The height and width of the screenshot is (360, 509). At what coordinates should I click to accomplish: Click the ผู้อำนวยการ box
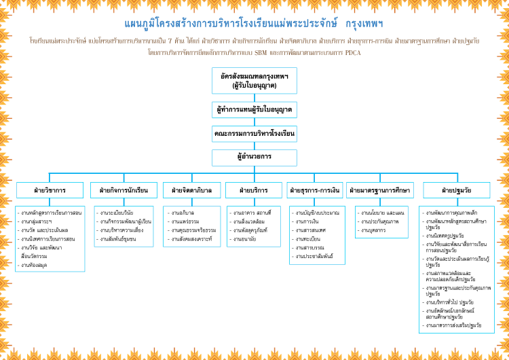[254, 157]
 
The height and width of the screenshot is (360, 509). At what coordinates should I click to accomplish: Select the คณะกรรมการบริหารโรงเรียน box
[254, 133]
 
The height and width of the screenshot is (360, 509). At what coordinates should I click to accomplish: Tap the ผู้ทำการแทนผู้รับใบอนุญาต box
[254, 109]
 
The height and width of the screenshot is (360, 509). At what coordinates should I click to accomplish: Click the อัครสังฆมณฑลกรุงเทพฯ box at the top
[254, 81]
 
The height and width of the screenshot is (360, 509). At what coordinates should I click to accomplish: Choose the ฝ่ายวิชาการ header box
[50, 190]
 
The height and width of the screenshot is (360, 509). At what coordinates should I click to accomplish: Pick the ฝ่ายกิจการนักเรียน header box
[124, 190]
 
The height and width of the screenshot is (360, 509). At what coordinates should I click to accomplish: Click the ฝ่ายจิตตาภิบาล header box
[191, 190]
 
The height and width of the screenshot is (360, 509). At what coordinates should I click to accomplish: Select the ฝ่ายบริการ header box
[253, 190]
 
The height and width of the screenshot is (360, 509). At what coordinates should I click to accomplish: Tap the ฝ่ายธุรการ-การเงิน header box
[314, 190]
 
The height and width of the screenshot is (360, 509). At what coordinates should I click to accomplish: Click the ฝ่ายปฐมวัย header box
[456, 190]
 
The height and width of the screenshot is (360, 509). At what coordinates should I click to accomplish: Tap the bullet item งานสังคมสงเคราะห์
[191, 239]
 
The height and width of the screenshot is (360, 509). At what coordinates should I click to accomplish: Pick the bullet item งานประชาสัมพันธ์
[315, 257]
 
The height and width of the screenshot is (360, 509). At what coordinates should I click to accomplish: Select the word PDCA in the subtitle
[352, 52]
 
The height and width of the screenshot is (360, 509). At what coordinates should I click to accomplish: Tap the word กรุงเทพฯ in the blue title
[364, 22]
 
